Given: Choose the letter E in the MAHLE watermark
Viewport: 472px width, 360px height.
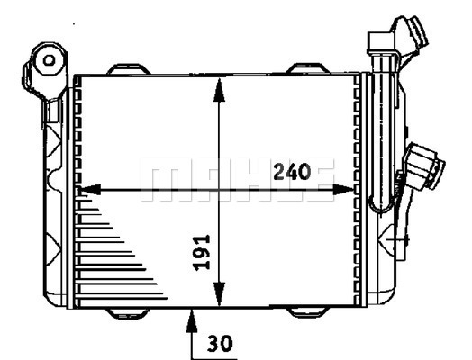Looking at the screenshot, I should point(320,180).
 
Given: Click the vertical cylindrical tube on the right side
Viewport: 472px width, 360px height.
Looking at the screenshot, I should point(386,135).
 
